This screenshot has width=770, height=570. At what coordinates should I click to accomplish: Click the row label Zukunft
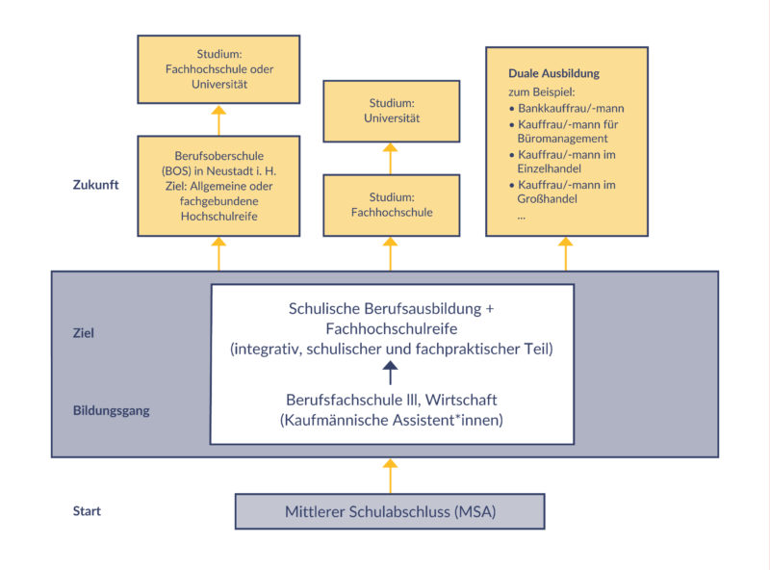95,184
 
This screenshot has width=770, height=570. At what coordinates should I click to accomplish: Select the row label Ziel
84,333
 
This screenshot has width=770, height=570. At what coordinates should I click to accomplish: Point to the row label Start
87,510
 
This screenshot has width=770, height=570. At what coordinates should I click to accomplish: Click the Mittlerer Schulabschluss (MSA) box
390,511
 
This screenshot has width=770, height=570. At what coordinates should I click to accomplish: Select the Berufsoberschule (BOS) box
218,186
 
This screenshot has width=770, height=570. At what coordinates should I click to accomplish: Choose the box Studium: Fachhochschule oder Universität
218,70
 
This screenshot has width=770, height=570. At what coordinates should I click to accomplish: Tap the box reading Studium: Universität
390,111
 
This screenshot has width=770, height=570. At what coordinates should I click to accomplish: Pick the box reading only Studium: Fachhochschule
390,204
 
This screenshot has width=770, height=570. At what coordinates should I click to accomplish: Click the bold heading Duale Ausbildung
553,73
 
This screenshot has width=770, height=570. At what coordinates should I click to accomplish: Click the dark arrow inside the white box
390,371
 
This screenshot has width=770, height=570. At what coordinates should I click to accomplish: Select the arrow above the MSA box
390,475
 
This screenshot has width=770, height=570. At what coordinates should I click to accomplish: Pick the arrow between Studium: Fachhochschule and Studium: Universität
390,158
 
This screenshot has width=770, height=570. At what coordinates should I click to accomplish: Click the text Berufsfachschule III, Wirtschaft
390,400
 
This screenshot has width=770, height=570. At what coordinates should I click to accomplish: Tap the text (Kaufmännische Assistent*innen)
390,420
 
